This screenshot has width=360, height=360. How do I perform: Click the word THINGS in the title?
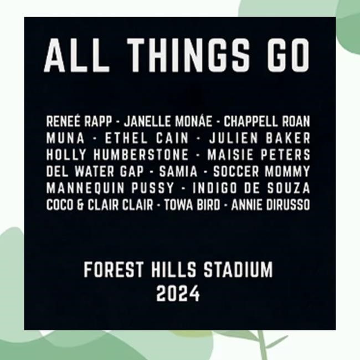pyautogui.click(x=188, y=55)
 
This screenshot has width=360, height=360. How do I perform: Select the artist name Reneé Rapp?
pyautogui.click(x=79, y=121)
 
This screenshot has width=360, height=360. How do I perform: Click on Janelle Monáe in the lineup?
pyautogui.click(x=168, y=121)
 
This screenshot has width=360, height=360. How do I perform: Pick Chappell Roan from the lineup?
pyautogui.click(x=267, y=121)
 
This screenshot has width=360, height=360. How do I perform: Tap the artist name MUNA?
pyautogui.click(x=65, y=138)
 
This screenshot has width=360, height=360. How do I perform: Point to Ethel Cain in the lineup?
pyautogui.click(x=147, y=138)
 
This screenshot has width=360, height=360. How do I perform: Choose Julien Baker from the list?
pyautogui.click(x=260, y=138)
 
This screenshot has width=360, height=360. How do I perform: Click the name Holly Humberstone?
pyautogui.click(x=117, y=155)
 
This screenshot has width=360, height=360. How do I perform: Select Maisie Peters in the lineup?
pyautogui.click(x=259, y=155)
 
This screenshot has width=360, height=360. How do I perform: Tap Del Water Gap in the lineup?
pyautogui.click(x=95, y=171)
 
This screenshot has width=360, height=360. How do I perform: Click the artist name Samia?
pyautogui.click(x=178, y=171)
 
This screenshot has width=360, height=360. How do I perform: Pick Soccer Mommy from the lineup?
pyautogui.click(x=261, y=171)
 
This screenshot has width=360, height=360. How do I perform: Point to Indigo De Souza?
pyautogui.click(x=251, y=188)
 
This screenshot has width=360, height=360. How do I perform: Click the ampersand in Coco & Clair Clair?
pyautogui.click(x=80, y=205)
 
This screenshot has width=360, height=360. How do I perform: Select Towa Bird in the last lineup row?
pyautogui.click(x=192, y=205)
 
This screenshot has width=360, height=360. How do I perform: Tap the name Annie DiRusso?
pyautogui.click(x=271, y=205)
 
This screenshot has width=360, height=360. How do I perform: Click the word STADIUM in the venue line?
pyautogui.click(x=238, y=270)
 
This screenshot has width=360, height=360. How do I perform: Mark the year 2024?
pyautogui.click(x=178, y=294)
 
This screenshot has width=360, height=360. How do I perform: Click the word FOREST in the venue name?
pyautogui.click(x=114, y=270)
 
